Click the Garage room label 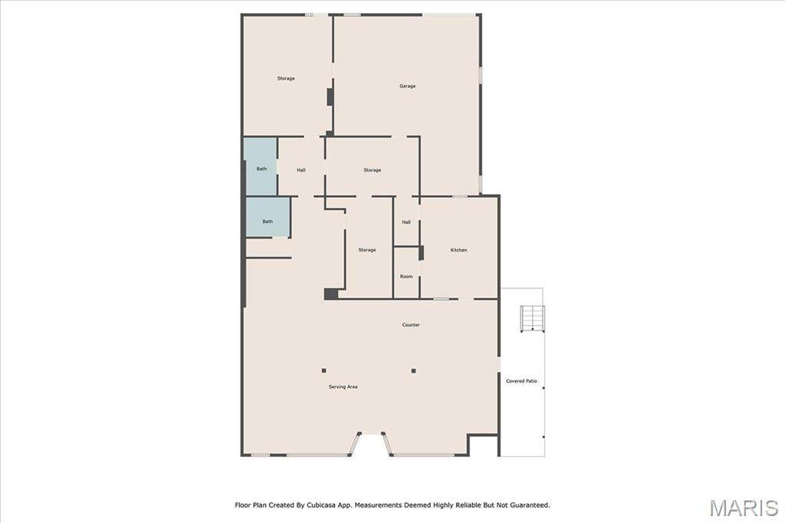click(x=408, y=86)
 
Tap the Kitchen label click(x=458, y=250)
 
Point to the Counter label click(x=411, y=325)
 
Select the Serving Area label click(x=343, y=386)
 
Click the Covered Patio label click(x=521, y=381)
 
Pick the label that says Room click(x=406, y=277)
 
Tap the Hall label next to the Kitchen click(x=406, y=222)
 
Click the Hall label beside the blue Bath click(x=301, y=170)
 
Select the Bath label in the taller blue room click(x=262, y=169)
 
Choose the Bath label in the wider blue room click(x=268, y=222)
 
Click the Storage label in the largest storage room click(x=286, y=79)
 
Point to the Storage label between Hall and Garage click(x=372, y=170)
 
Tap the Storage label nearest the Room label click(x=367, y=250)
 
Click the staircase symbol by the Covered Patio click(x=533, y=318)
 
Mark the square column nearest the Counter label click(x=413, y=371)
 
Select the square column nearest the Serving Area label click(x=324, y=370)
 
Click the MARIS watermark click(x=744, y=508)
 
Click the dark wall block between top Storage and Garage click(x=330, y=97)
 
